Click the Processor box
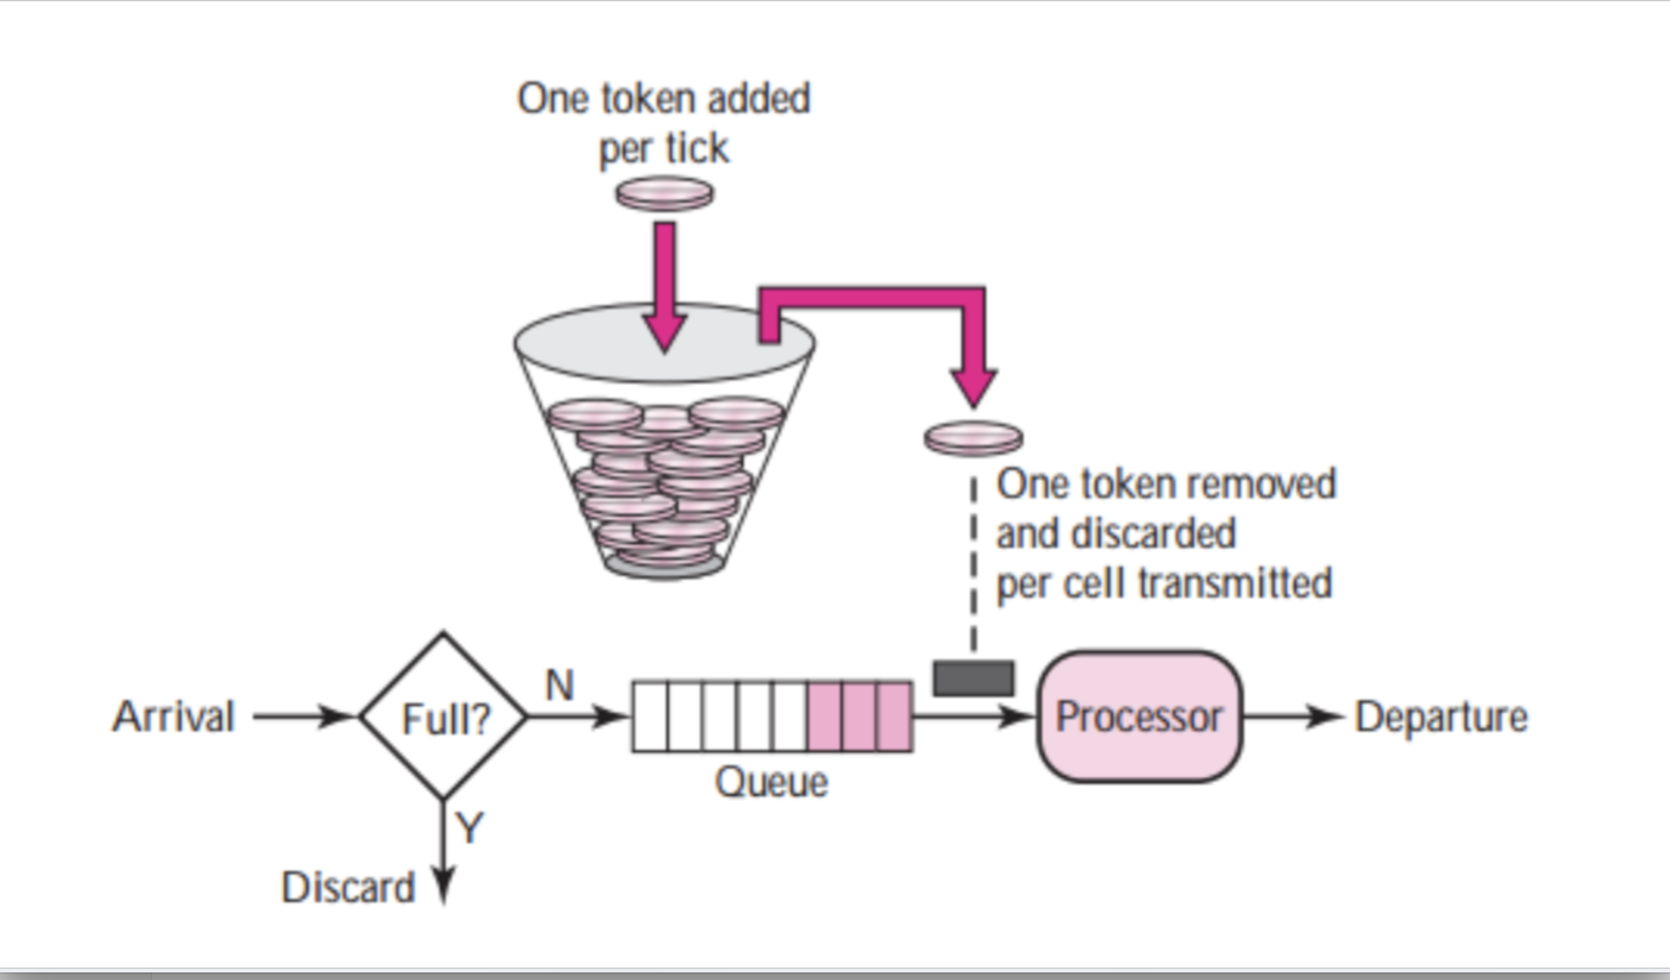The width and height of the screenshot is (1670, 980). coord(1138,716)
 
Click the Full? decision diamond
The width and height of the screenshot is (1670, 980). coord(443,716)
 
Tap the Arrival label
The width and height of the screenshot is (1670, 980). coord(174,716)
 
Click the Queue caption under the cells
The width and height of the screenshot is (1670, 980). coord(771,782)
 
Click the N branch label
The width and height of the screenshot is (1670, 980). coord(559,684)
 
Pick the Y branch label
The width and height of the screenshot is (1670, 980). coord(469,827)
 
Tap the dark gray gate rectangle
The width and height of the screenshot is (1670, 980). coord(973,678)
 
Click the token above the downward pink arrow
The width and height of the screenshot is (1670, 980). coord(664,194)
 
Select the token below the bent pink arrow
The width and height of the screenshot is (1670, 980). coord(973,438)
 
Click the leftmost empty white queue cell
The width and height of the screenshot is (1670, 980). coord(650,716)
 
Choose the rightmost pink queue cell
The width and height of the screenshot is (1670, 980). coord(895,716)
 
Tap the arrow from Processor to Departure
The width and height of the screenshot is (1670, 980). coord(1292,716)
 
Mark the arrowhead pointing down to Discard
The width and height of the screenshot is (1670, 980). coord(443,885)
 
